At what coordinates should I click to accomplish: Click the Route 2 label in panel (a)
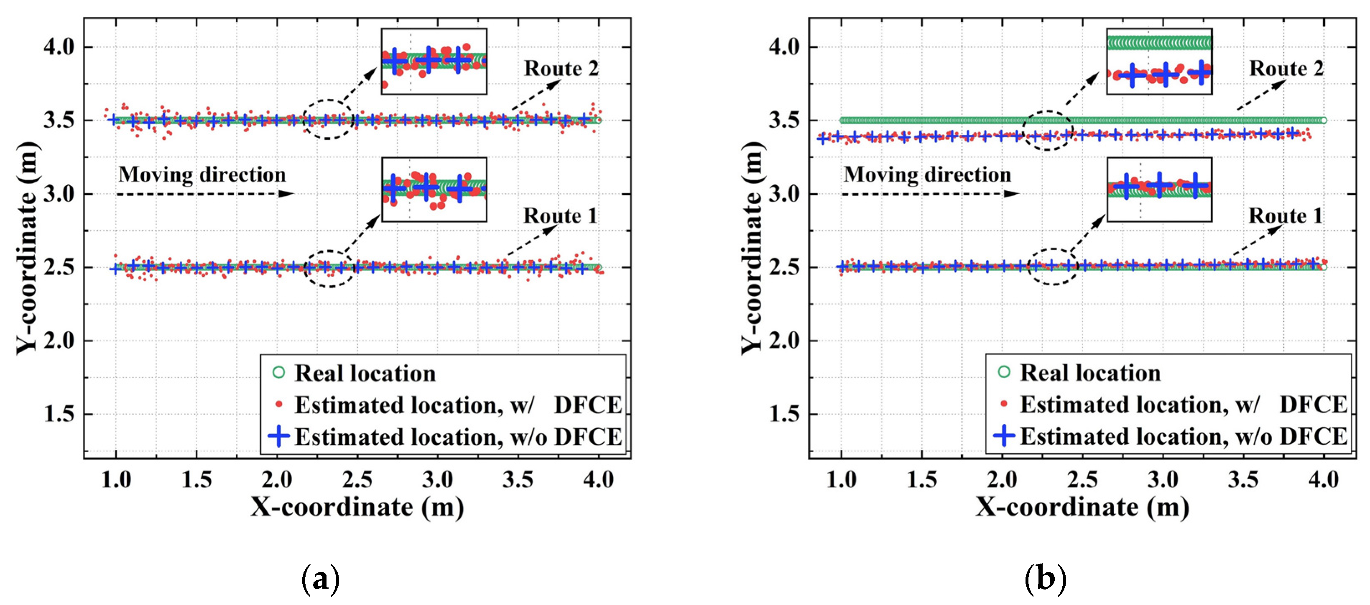(x=561, y=69)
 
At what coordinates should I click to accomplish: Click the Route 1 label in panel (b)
(x=1285, y=216)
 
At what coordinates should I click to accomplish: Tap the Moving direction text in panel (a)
(x=202, y=174)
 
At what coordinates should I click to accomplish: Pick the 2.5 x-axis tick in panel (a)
(x=357, y=480)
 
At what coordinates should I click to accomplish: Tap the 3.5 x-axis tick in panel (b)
(x=1243, y=480)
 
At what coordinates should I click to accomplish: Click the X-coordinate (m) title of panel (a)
(x=357, y=507)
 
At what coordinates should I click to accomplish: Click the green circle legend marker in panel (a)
(x=279, y=372)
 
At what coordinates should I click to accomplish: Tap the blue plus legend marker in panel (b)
(x=1004, y=436)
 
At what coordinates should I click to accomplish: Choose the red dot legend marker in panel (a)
(x=279, y=405)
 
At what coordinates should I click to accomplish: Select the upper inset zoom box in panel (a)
(x=434, y=61)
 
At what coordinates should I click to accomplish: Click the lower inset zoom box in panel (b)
(x=1159, y=190)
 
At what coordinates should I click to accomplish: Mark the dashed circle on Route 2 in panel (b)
(x=1047, y=131)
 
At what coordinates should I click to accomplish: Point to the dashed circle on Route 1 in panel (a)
(x=330, y=269)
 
